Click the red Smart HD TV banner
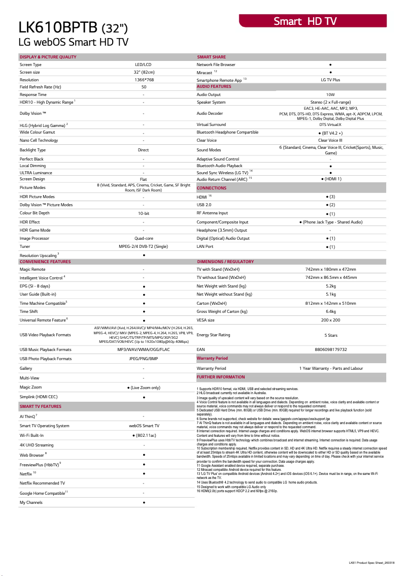point(313,21)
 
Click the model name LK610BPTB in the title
point(59,27)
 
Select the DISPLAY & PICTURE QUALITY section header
point(48,57)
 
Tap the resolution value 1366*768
point(144,80)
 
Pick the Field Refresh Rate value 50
point(144,87)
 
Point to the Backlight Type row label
point(32,150)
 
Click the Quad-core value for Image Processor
point(144,238)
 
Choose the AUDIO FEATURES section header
point(214,86)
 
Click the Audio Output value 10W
point(330,94)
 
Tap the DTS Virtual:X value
point(330,124)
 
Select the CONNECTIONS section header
point(212,188)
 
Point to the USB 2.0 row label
point(205,205)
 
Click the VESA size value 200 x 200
point(330,320)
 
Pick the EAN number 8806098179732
point(330,349)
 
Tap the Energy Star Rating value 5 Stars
point(330,335)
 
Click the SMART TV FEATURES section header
point(41,406)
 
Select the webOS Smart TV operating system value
point(144,426)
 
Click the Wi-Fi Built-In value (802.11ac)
point(144,435)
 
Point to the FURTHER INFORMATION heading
point(221,377)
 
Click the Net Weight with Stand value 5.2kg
point(330,286)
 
